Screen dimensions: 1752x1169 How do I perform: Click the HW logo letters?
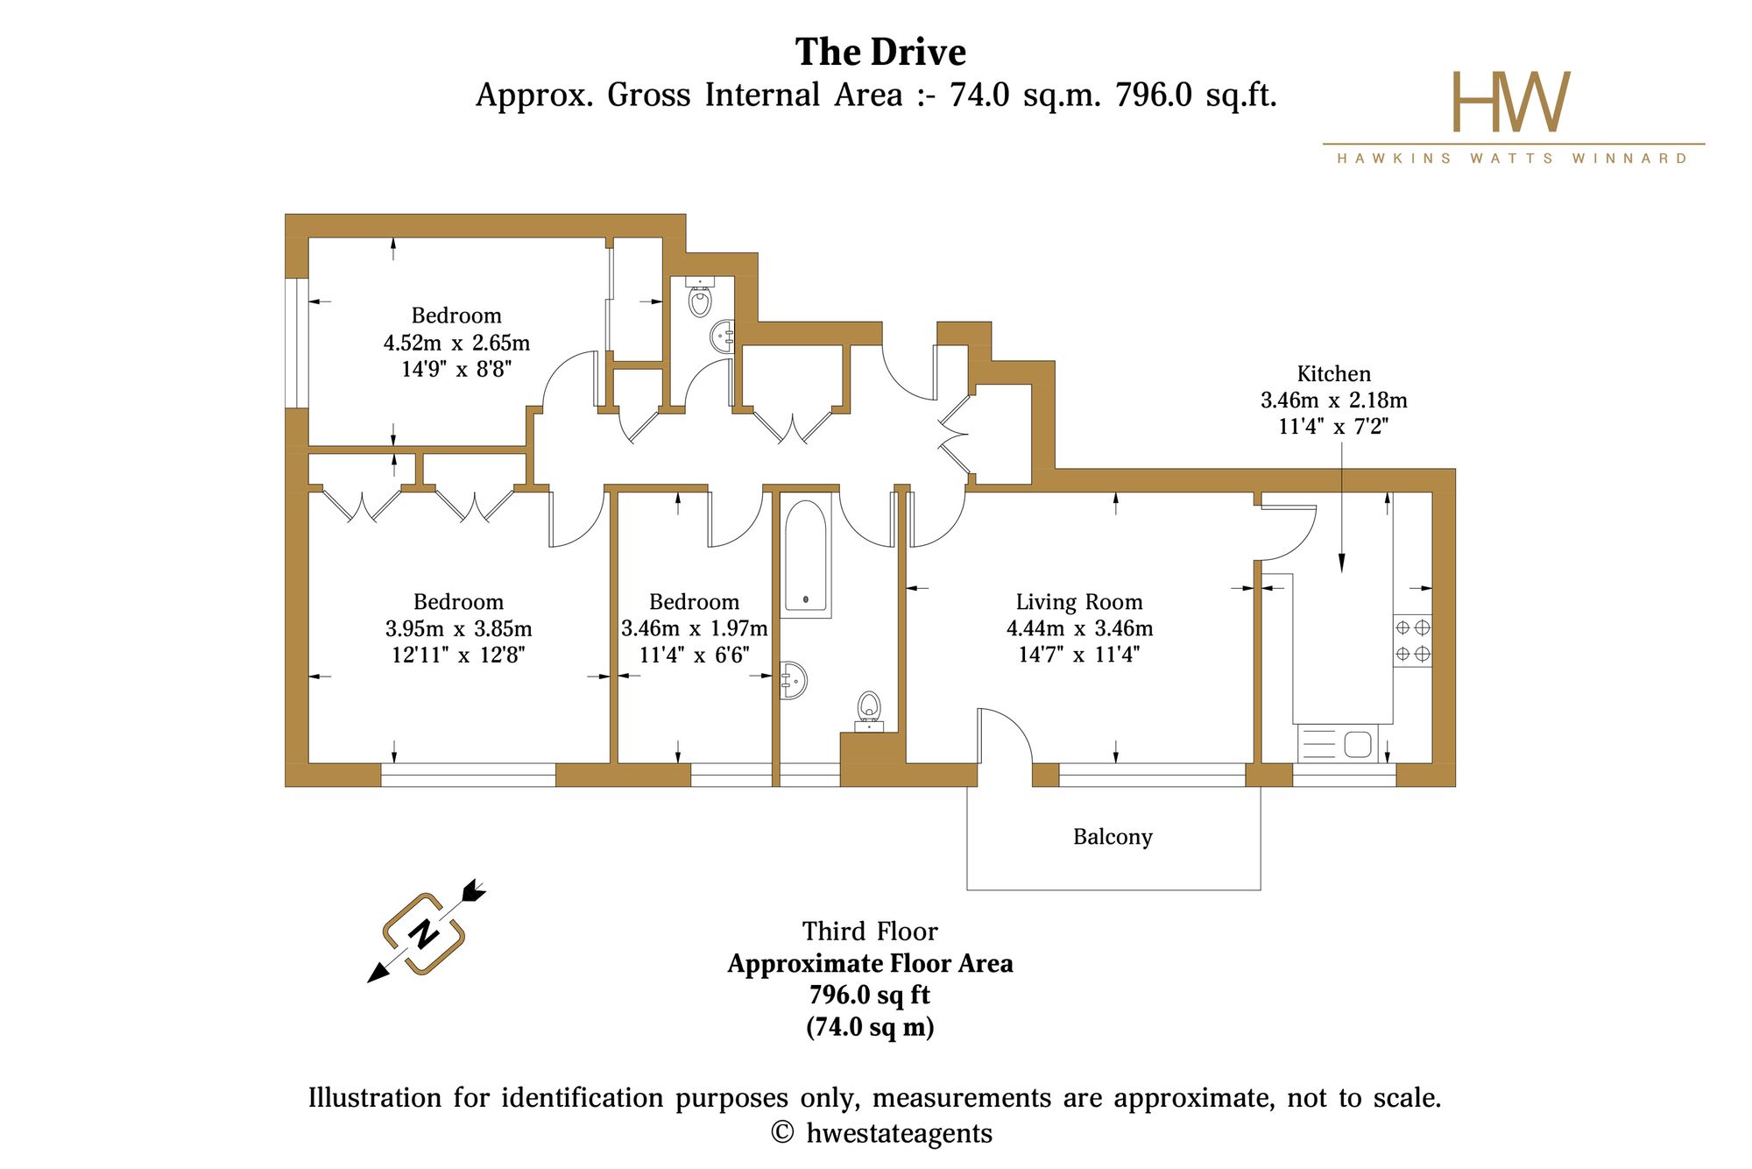[x=1512, y=102]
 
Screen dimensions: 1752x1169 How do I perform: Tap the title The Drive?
[x=880, y=52]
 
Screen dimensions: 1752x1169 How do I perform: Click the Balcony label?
[x=1113, y=837]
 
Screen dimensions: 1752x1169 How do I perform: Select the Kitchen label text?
[x=1333, y=373]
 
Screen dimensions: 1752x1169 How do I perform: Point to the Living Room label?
[x=1079, y=602]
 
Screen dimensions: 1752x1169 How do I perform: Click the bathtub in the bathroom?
[x=806, y=554]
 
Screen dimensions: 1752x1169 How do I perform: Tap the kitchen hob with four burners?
[x=1412, y=641]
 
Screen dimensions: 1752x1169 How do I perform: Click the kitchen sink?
[x=1338, y=744]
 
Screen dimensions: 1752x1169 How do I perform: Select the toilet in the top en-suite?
[x=700, y=298]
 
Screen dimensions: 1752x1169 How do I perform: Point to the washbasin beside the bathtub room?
[x=793, y=680]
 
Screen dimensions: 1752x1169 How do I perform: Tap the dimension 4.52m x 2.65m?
[x=456, y=343]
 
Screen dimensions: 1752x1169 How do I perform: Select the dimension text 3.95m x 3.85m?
[x=458, y=628]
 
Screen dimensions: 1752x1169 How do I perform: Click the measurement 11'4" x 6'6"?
[x=694, y=655]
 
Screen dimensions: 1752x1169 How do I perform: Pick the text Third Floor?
[x=870, y=931]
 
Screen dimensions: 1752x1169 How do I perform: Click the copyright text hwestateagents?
[x=900, y=1133]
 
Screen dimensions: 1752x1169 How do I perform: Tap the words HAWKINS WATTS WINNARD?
[x=1513, y=159]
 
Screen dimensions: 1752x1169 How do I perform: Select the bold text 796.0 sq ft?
[x=870, y=995]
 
